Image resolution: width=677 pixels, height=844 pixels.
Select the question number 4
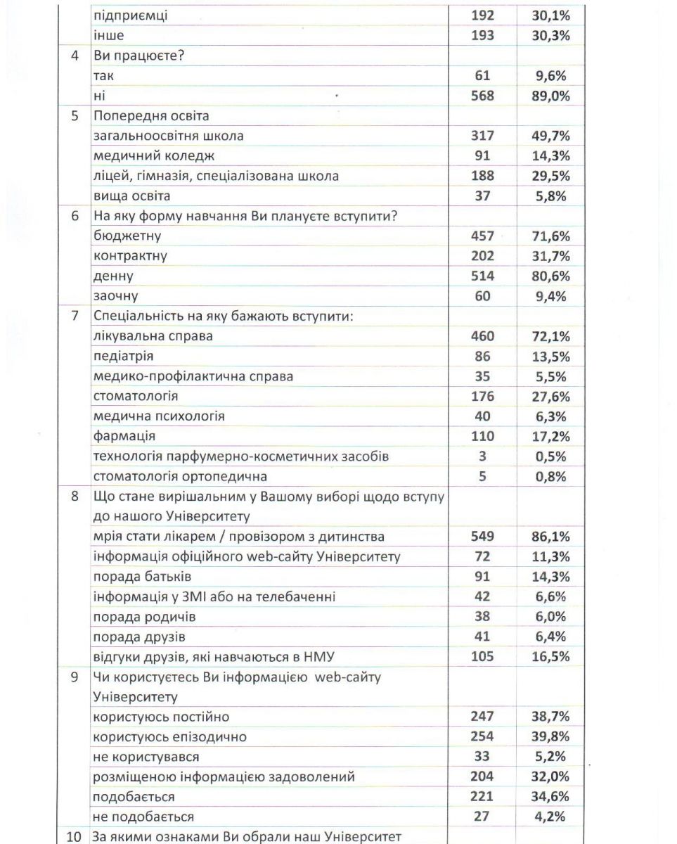click(75, 56)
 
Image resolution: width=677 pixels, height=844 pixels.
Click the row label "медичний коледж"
click(154, 156)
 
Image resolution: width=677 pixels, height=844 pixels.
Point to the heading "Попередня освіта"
click(151, 116)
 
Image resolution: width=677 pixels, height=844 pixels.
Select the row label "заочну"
click(115, 296)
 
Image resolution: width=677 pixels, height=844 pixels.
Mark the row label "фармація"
click(124, 437)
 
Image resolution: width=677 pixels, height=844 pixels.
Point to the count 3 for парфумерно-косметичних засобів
click(482, 456)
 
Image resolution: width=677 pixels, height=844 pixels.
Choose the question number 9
click(75, 677)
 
